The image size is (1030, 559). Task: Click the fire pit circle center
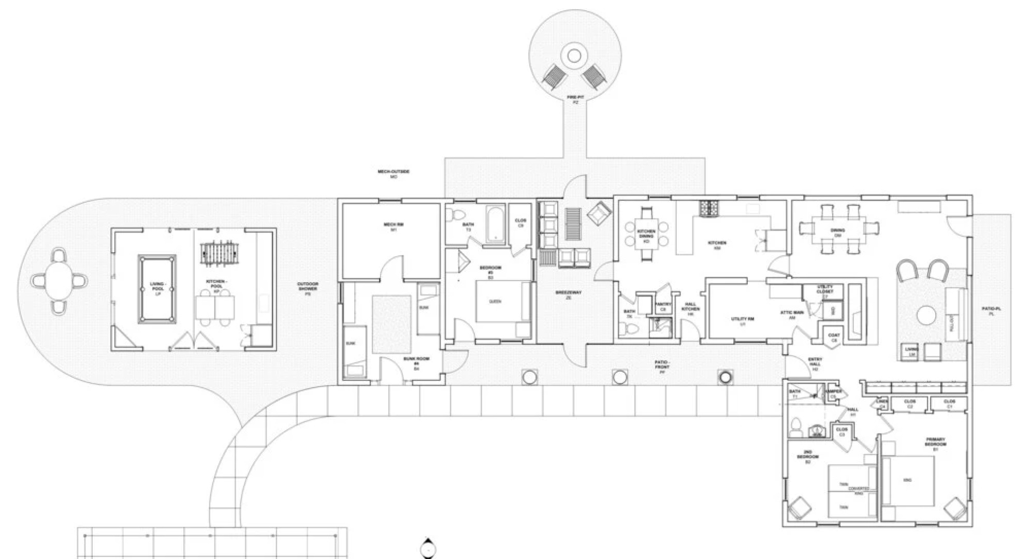tap(574, 55)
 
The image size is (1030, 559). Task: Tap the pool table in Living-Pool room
tap(157, 289)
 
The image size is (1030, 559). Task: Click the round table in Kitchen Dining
tap(646, 233)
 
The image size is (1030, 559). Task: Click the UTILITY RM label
tap(742, 320)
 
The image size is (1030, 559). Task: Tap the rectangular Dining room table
tap(838, 228)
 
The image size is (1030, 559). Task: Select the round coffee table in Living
tap(925, 315)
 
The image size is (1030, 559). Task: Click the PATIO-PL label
tap(991, 310)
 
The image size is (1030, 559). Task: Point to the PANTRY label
tap(663, 306)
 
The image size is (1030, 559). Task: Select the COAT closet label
tap(834, 337)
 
